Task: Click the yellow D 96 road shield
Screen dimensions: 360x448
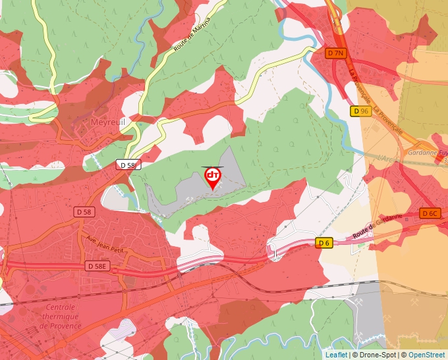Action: point(360,111)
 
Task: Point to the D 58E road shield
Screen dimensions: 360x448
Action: point(98,266)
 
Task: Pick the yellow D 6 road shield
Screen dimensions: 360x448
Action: point(323,243)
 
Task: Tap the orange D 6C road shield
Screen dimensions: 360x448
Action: point(430,213)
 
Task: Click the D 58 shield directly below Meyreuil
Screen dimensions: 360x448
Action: point(128,165)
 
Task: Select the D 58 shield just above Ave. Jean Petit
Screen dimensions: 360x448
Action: point(84,212)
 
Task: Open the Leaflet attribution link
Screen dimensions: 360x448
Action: point(336,355)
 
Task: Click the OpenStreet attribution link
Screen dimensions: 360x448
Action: point(427,355)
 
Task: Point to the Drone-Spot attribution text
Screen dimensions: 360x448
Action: point(376,355)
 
